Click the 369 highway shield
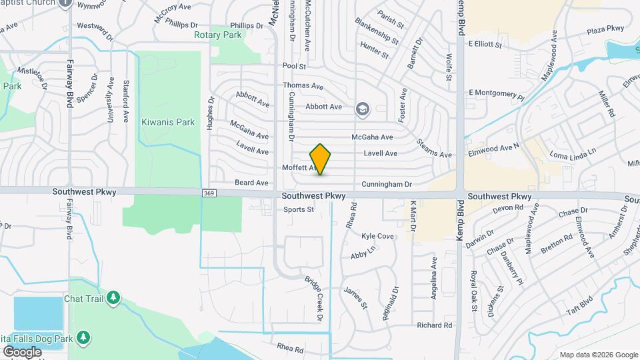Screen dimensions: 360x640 click(209, 193)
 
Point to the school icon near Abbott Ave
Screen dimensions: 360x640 click(363, 109)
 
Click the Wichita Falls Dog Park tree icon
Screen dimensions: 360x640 click(83, 337)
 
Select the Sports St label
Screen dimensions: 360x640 click(298, 209)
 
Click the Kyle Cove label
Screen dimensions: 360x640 click(377, 237)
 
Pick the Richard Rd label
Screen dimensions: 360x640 click(434, 325)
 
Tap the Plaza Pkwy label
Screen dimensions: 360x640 click(605, 29)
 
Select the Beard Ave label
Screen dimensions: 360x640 click(251, 183)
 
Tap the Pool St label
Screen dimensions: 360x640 click(293, 67)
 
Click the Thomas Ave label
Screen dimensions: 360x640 click(303, 86)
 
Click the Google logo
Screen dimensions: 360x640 click(22, 351)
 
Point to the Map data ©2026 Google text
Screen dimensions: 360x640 click(598, 355)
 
